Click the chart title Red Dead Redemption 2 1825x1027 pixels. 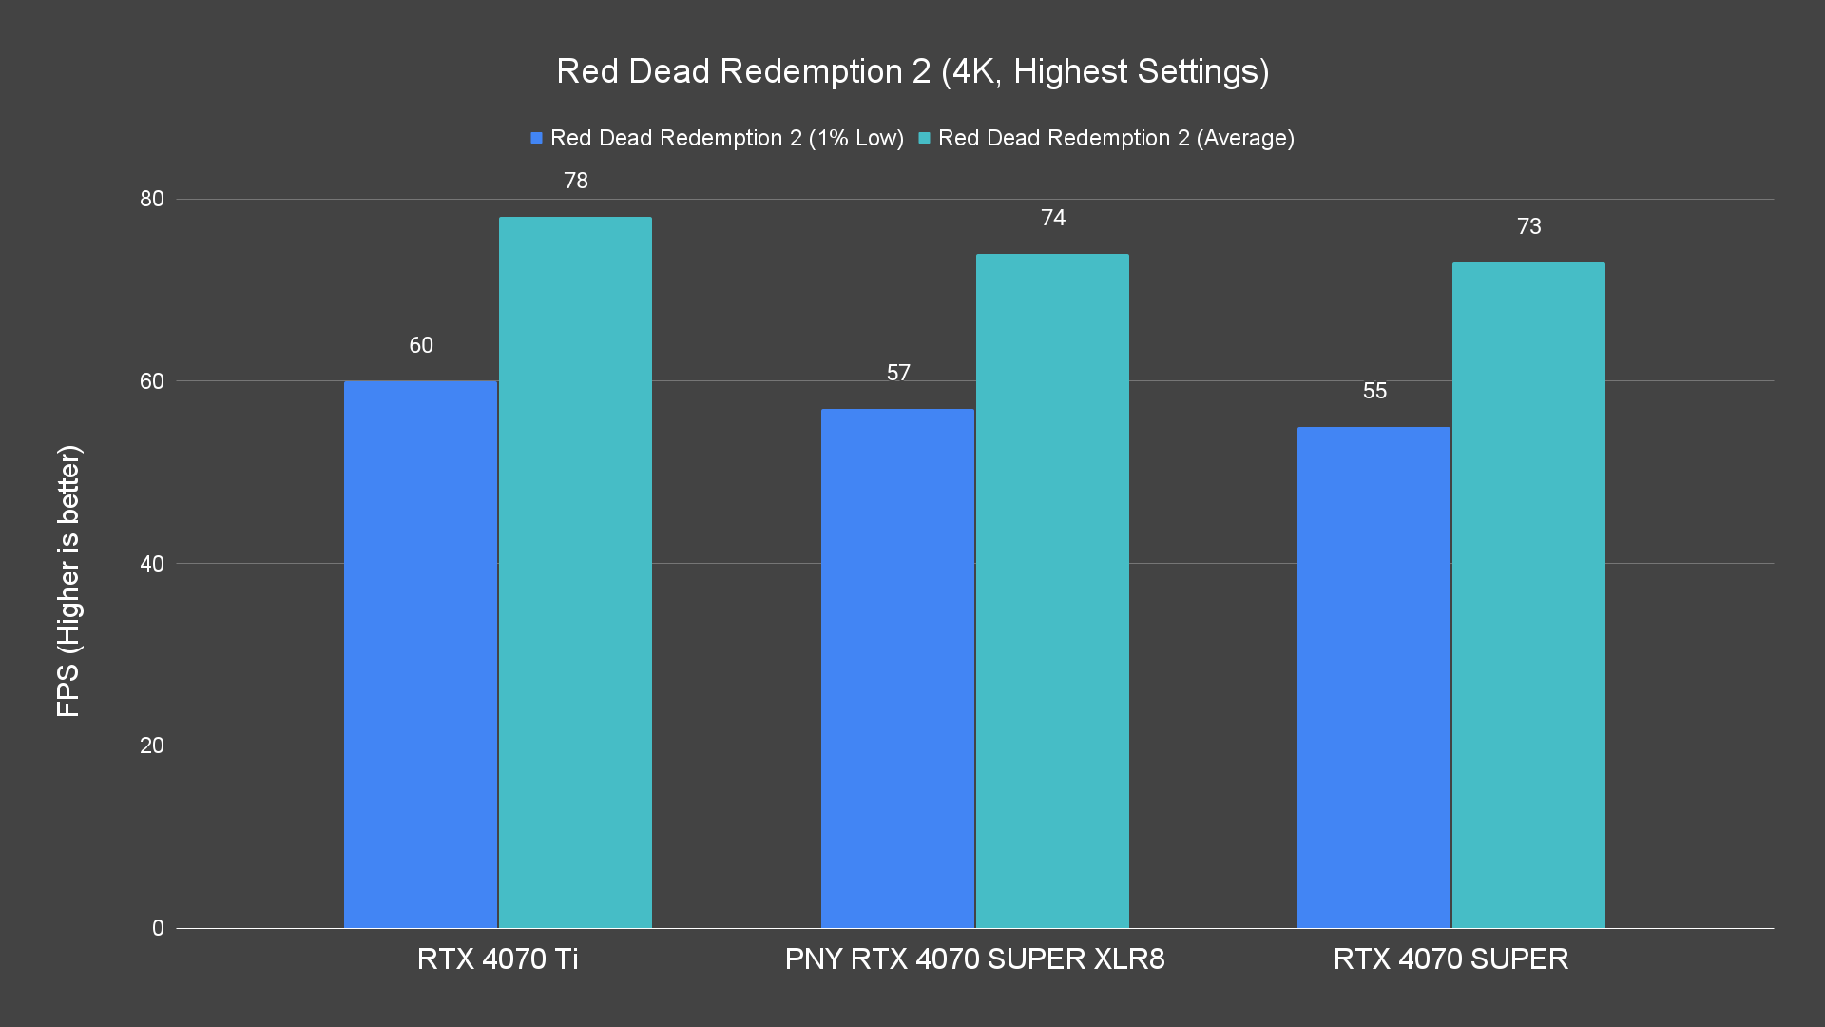tap(912, 71)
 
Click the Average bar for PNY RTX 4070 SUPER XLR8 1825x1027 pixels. tap(1052, 591)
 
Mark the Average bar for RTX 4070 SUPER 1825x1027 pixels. tap(1528, 595)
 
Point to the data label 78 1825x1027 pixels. tap(576, 181)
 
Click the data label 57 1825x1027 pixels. tap(898, 373)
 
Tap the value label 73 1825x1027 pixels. tap(1529, 226)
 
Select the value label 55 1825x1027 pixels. tap(1374, 391)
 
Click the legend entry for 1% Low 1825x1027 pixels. tap(718, 138)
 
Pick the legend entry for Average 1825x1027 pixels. tap(1106, 138)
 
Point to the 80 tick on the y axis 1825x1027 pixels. tap(152, 199)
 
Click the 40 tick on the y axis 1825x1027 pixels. tap(152, 564)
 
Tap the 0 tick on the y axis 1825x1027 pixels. tap(158, 928)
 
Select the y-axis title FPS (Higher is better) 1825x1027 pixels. tap(68, 580)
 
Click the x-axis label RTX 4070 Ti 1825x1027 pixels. tap(497, 959)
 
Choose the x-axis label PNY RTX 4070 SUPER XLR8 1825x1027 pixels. tap(974, 959)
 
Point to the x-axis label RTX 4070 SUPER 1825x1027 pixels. tap(1450, 959)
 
